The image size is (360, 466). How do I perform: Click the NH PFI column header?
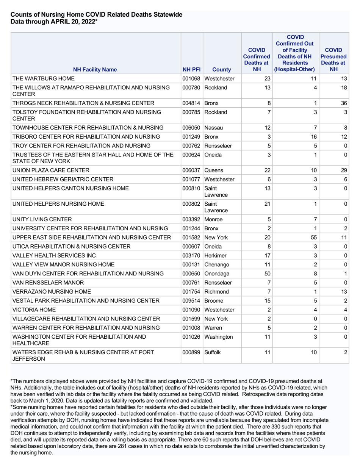191,70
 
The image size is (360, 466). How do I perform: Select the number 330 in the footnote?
294,426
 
